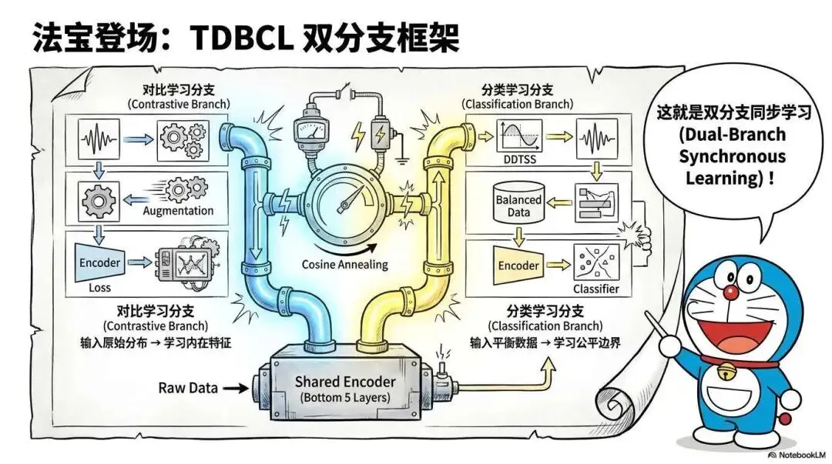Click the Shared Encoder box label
(345, 382)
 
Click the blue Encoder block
(100, 263)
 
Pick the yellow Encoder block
(518, 265)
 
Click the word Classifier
(596, 290)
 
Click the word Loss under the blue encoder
(99, 287)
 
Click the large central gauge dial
(345, 202)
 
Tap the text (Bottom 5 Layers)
(345, 399)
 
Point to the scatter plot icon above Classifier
(595, 262)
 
